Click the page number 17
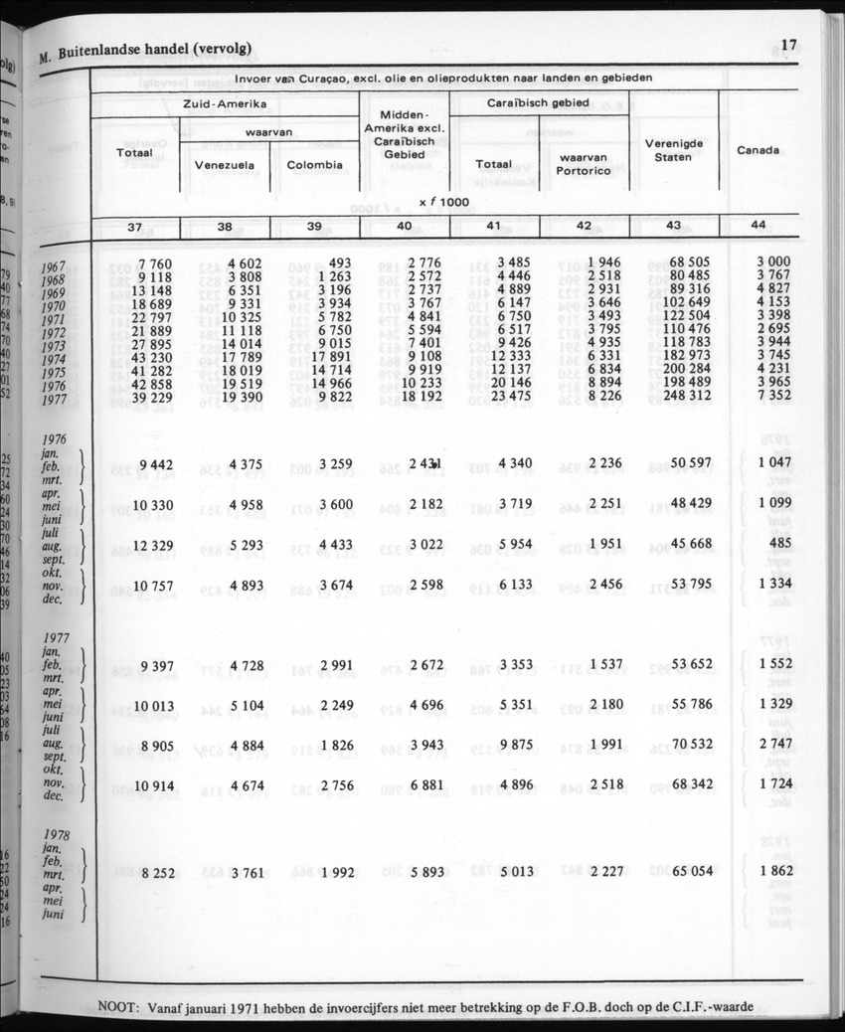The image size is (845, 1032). (790, 45)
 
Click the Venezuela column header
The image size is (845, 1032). (225, 165)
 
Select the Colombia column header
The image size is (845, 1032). (314, 165)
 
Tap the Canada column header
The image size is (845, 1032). (759, 150)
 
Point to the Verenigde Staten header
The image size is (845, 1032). (674, 150)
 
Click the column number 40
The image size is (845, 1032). (404, 227)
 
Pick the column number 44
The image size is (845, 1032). (759, 226)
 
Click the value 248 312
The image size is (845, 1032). (674, 397)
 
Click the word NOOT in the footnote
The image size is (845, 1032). (120, 1005)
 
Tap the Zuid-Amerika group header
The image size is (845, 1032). (225, 104)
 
